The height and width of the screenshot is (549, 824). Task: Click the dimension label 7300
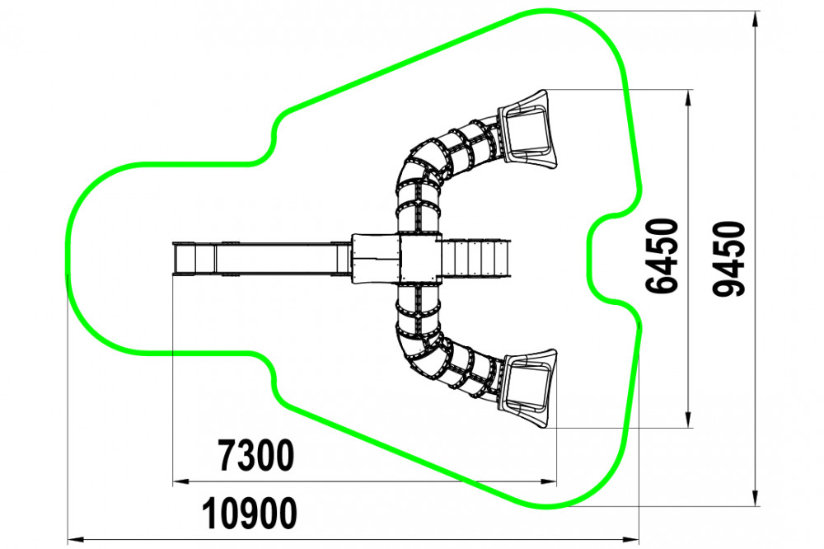click(x=256, y=456)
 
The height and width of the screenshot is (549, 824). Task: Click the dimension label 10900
click(x=250, y=514)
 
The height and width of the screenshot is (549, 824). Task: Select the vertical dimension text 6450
click(x=662, y=256)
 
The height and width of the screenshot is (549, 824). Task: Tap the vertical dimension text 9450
click(x=729, y=259)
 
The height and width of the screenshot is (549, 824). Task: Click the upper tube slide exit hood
click(x=526, y=129)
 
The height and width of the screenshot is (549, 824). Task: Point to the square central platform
click(x=419, y=258)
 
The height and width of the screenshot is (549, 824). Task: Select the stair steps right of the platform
click(x=476, y=258)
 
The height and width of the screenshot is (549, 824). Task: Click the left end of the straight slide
click(x=175, y=258)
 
